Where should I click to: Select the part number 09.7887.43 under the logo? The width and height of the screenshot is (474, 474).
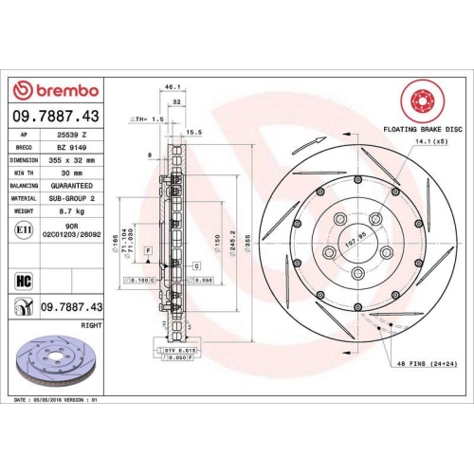pos(55,116)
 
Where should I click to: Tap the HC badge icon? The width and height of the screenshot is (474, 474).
pos(24,280)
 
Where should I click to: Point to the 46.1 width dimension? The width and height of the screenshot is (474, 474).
pos(173,87)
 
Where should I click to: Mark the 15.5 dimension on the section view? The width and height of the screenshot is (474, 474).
pos(194,132)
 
